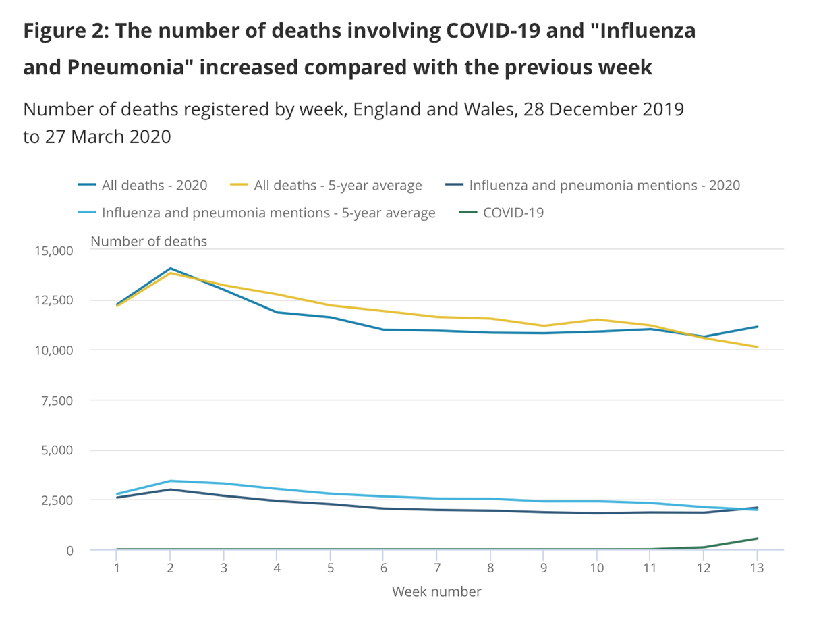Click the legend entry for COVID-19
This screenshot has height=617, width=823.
click(513, 213)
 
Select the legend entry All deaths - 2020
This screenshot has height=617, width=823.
click(154, 185)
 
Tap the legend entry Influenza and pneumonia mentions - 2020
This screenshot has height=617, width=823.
click(604, 185)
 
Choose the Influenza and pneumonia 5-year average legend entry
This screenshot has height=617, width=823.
click(268, 213)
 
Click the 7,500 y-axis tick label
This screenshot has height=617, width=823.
click(56, 400)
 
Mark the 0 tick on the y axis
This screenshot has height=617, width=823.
click(69, 550)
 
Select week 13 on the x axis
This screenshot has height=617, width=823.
click(757, 568)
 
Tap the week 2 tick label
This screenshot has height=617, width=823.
click(171, 568)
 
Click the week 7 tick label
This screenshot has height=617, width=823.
click(437, 568)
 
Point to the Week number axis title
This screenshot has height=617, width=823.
click(436, 592)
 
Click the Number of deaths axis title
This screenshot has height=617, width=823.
click(148, 241)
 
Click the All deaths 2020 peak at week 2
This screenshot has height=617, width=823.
click(171, 269)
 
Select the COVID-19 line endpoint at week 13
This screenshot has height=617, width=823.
click(757, 539)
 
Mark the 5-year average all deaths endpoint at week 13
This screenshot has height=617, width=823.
click(757, 347)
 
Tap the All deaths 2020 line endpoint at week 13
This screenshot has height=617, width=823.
click(757, 327)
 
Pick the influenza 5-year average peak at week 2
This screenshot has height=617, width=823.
click(171, 481)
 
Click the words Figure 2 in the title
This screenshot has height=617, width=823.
click(62, 31)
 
